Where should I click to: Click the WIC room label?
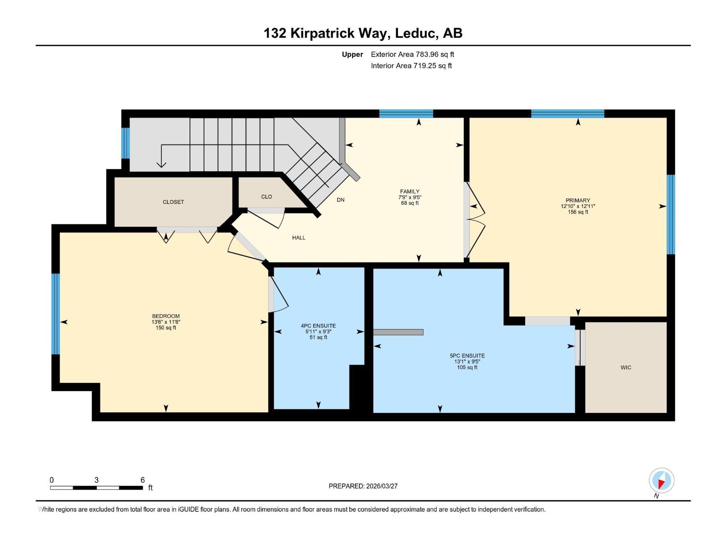626,367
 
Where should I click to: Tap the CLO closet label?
267,197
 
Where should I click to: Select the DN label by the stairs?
340,200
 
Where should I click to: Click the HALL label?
299,238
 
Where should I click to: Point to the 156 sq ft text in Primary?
578,212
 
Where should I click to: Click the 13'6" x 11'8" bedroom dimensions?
166,322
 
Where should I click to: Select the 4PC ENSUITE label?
318,326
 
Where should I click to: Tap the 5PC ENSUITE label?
467,356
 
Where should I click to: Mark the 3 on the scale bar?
96,480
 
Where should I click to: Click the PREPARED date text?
363,486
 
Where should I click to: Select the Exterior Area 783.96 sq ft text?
412,54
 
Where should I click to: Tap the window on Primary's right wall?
671,214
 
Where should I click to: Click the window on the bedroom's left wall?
55,313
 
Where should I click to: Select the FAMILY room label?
409,191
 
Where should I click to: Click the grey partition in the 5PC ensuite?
398,332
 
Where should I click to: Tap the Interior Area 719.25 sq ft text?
411,66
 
